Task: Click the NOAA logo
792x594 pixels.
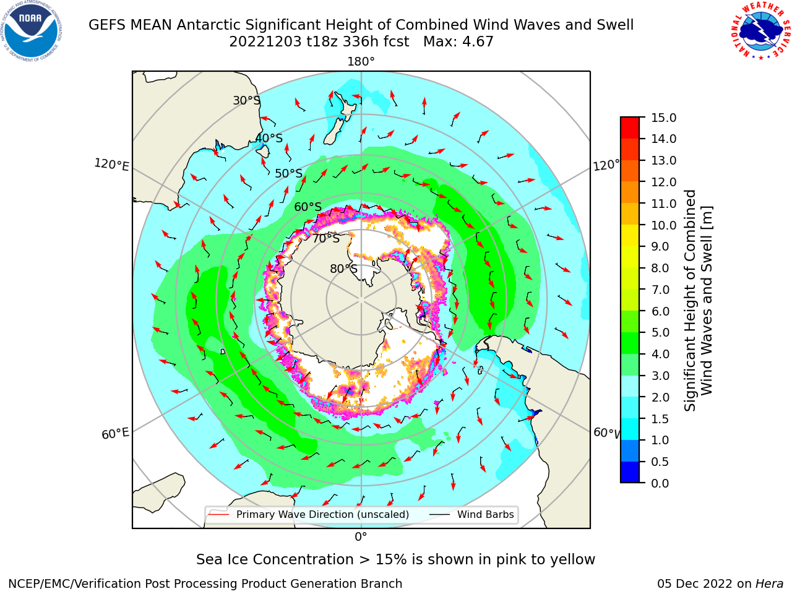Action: pos(32,31)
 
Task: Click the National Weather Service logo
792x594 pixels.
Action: pos(760,31)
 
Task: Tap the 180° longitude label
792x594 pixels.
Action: pos(361,62)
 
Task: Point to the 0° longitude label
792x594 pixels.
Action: pos(361,537)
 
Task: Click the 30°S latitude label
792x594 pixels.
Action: pos(246,100)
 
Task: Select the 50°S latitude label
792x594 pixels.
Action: pos(289,173)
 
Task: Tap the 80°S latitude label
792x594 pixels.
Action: pos(344,269)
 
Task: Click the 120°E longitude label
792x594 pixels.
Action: pos(111,165)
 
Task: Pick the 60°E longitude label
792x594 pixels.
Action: pos(115,434)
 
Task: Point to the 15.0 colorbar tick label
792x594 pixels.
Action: pos(663,118)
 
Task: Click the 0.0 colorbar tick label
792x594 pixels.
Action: pos(660,483)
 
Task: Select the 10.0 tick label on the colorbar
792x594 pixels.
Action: pos(663,225)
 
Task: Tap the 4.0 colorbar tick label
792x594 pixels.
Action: pos(660,354)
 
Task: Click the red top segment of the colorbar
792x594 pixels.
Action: pos(630,128)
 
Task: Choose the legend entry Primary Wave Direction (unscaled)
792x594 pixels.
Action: pos(309,514)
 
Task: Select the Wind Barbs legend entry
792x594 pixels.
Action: pos(471,514)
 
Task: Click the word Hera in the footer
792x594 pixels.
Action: pos(770,583)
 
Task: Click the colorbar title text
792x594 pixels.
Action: pos(698,301)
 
